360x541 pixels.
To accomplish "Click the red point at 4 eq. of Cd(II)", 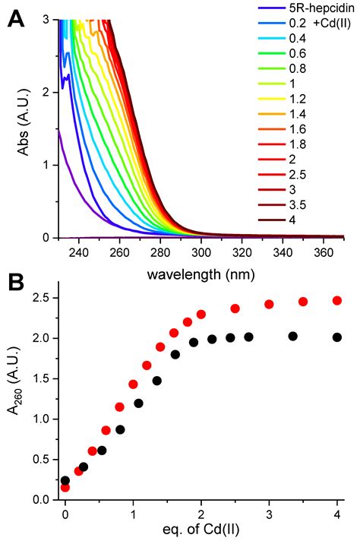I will tap(337, 301).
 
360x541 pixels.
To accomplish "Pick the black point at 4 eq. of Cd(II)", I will tap(337, 337).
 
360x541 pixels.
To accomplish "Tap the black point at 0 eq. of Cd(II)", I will tap(65, 480).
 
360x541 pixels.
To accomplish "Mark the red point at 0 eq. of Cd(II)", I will tap(65, 487).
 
